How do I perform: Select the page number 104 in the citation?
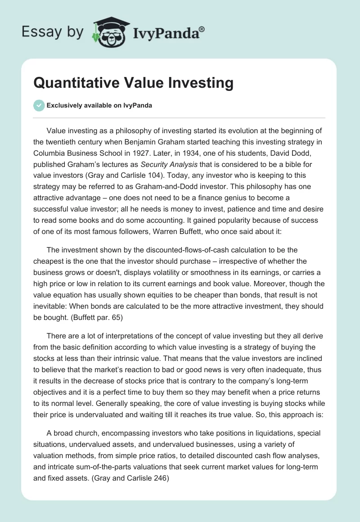152,174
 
